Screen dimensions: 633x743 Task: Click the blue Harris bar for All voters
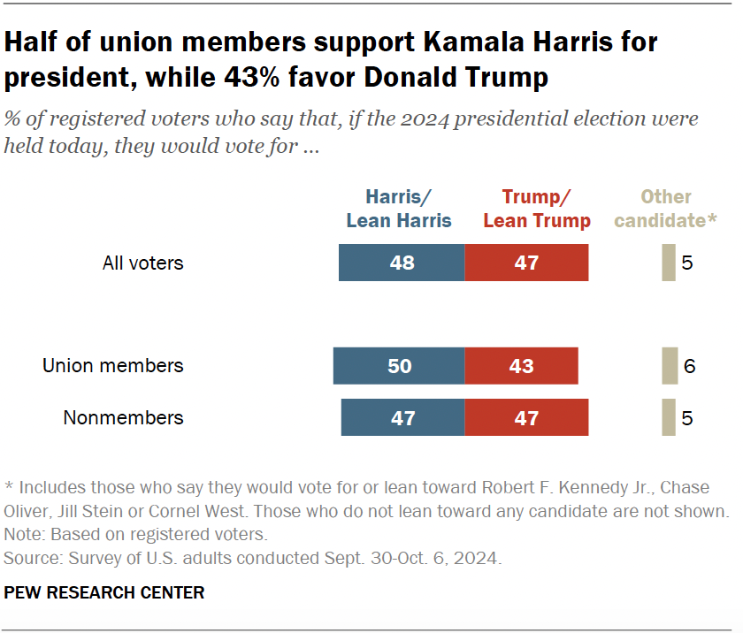click(401, 263)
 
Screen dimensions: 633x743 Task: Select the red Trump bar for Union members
click(521, 366)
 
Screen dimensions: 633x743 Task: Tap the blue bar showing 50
click(398, 366)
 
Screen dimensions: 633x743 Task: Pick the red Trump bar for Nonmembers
click(526, 418)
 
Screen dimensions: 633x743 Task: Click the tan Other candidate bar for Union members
click(670, 366)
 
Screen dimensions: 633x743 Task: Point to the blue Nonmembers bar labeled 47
click(402, 418)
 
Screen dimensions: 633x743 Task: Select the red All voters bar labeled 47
click(526, 263)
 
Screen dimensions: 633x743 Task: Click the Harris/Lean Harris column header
click(399, 209)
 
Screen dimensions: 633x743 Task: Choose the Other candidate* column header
click(665, 209)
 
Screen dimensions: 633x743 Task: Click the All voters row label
click(143, 263)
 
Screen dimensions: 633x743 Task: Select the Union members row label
click(113, 365)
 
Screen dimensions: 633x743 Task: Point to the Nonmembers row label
click(124, 417)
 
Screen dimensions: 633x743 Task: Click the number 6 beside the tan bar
click(690, 366)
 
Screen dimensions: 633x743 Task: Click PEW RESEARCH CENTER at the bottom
click(104, 592)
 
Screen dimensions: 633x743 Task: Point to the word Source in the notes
click(27, 559)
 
